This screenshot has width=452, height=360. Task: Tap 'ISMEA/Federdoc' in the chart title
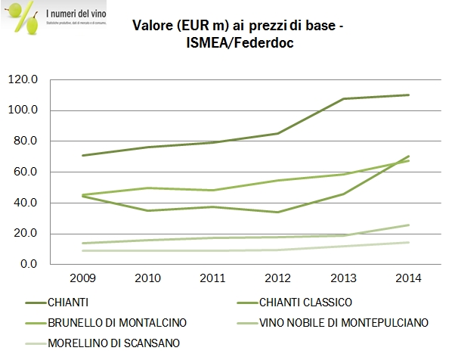[x=240, y=44]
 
